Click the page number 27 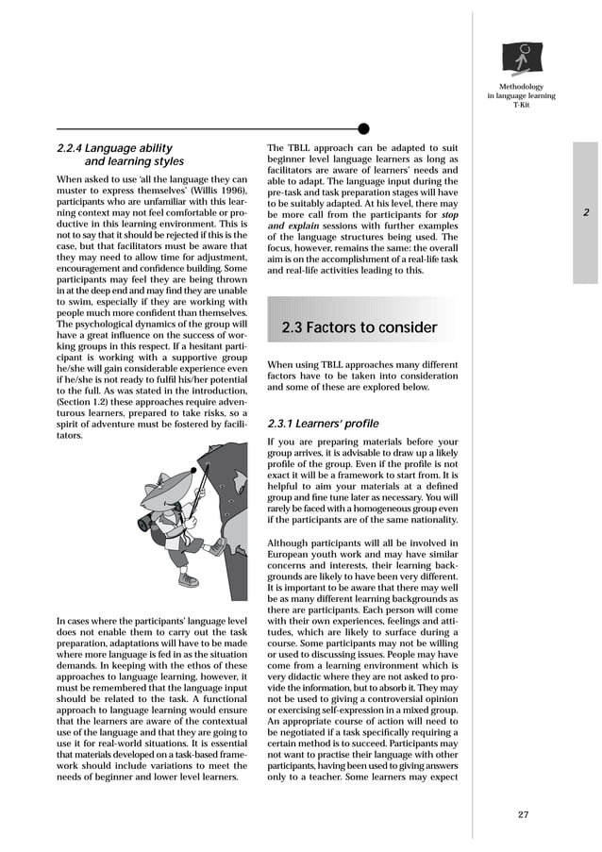coord(524,814)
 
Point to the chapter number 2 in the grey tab coord(586,212)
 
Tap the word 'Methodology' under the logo coord(521,87)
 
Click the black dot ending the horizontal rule coord(364,128)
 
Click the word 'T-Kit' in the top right coord(521,106)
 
